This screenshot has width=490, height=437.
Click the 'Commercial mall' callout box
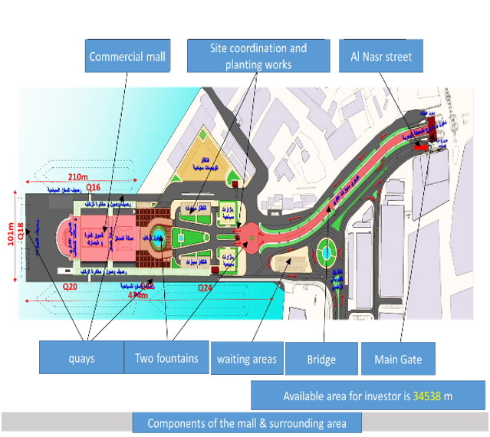pyautogui.click(x=127, y=57)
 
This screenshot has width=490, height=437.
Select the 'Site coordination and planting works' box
pyautogui.click(x=258, y=56)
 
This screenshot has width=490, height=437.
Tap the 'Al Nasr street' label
pyautogui.click(x=381, y=57)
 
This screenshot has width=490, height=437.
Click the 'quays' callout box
pyautogui.click(x=81, y=358)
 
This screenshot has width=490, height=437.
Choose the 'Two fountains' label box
pyautogui.click(x=166, y=358)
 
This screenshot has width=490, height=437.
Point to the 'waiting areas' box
pyautogui.click(x=247, y=359)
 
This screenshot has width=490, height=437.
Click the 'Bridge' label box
pyautogui.click(x=322, y=359)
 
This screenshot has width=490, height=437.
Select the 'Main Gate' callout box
pyautogui.click(x=398, y=359)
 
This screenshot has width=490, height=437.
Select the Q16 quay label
pyautogui.click(x=94, y=186)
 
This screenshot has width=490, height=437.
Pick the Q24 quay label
pyautogui.click(x=206, y=287)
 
